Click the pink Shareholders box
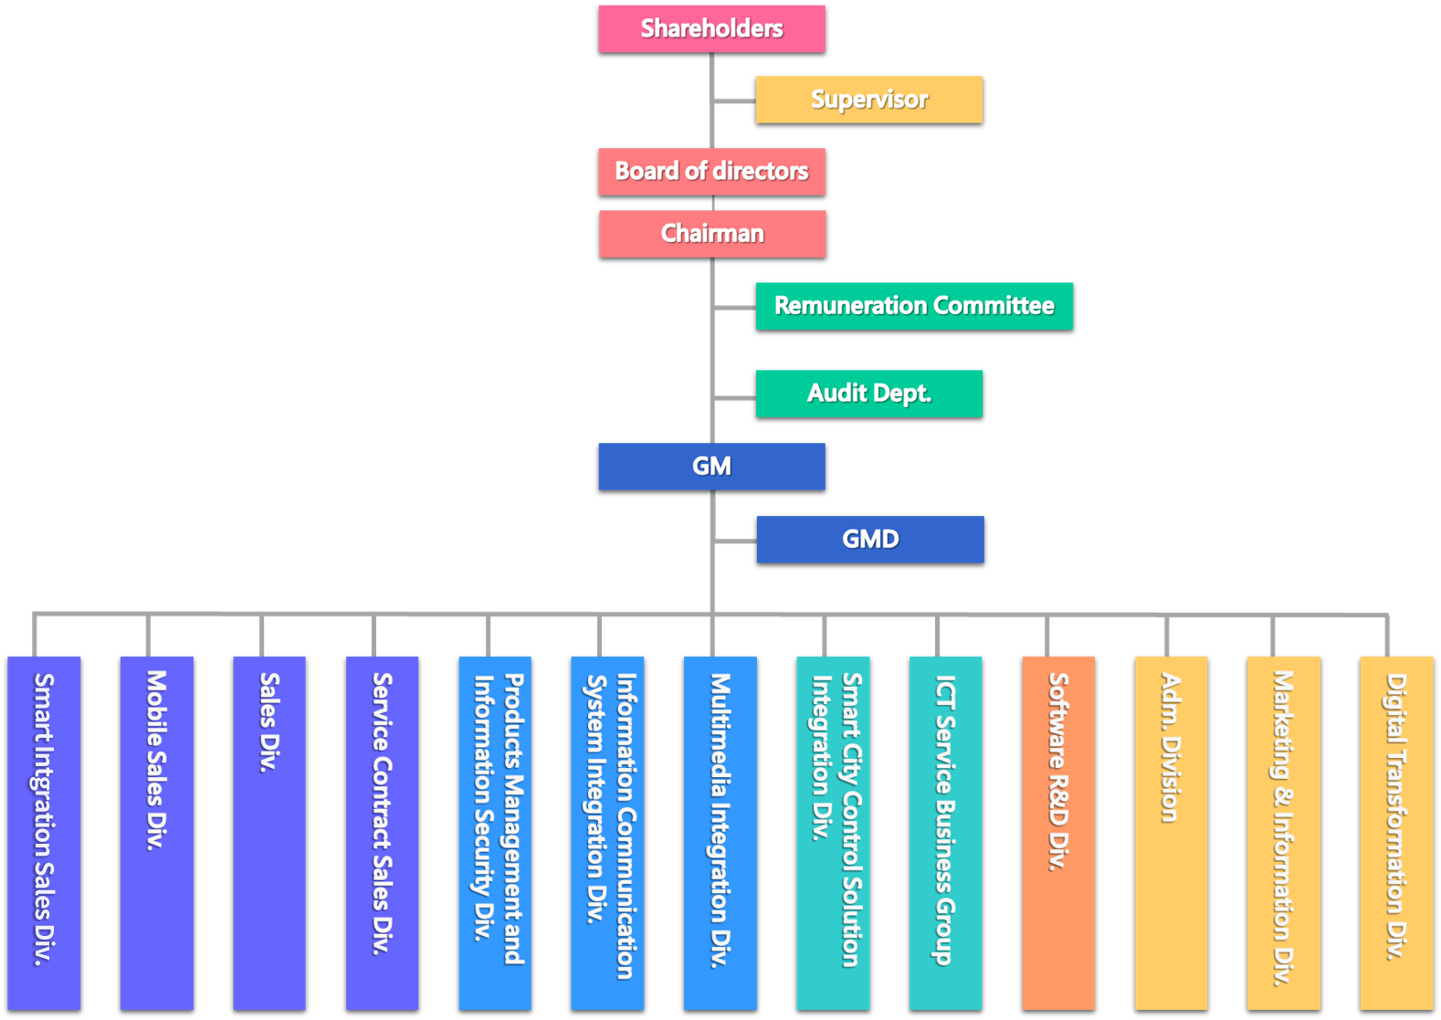click(x=711, y=28)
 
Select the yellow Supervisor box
click(x=868, y=100)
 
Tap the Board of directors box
click(x=711, y=172)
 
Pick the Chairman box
click(x=712, y=234)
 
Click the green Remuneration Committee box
click(x=914, y=306)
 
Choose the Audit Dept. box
click(x=868, y=394)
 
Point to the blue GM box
click(x=711, y=467)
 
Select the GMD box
click(x=869, y=540)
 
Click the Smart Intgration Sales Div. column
click(x=44, y=831)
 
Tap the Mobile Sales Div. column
click(x=157, y=831)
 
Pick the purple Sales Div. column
click(x=269, y=831)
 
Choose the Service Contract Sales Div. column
click(x=383, y=831)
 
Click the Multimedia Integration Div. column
click(x=720, y=831)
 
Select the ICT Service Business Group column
click(x=945, y=831)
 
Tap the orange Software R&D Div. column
click(x=1058, y=831)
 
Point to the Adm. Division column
click(x=1171, y=831)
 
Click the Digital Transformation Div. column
click(x=1396, y=831)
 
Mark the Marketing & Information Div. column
click(x=1284, y=831)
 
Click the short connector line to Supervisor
click(x=734, y=100)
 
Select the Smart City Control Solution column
click(x=833, y=831)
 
